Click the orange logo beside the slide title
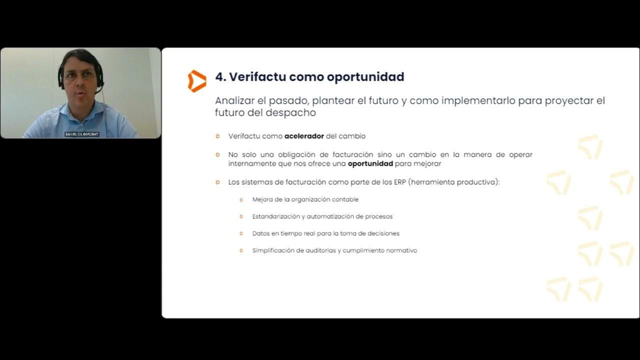click(197, 81)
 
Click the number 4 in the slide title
click(219, 77)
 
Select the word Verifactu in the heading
click(257, 77)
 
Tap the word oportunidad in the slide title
click(365, 77)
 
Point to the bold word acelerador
click(304, 136)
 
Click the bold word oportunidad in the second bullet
click(370, 163)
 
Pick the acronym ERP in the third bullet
click(399, 182)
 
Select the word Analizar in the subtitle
click(234, 100)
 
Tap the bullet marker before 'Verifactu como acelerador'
click(217, 136)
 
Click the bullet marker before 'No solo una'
click(217, 155)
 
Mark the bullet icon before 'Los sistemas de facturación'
click(217, 182)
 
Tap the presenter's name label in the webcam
click(82, 134)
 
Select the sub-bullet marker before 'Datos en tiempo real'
click(241, 233)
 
